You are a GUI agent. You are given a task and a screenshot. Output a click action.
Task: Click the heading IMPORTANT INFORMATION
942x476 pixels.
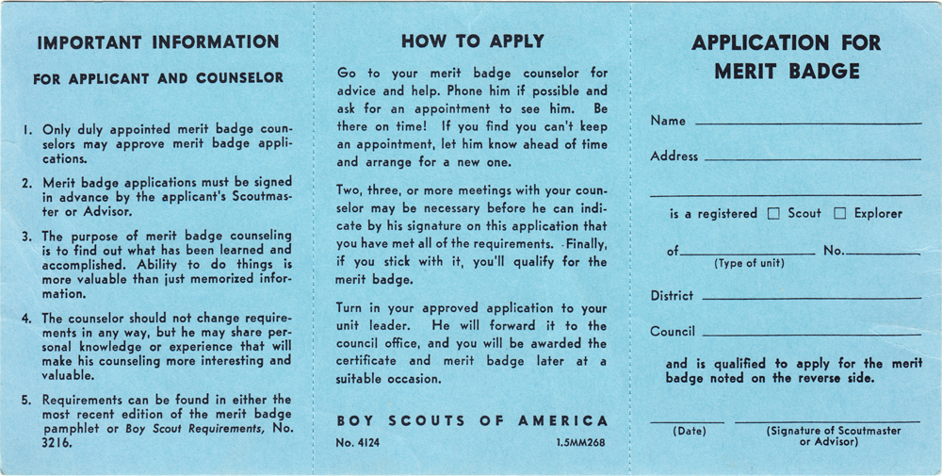click(x=158, y=42)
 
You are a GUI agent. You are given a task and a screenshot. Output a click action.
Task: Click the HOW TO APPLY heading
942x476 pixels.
click(x=472, y=41)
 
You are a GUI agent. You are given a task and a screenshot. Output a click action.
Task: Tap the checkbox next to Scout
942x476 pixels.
click(x=773, y=214)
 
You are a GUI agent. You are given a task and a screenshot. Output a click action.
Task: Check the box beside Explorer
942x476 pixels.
click(x=840, y=214)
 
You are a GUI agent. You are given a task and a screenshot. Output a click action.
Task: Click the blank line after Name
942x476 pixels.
click(x=807, y=123)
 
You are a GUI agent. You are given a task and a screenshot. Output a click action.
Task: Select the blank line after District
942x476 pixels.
click(x=811, y=299)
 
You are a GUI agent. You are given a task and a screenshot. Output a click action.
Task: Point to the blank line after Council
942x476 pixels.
click(x=811, y=335)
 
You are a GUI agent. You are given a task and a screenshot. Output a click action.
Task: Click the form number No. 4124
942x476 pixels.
click(x=358, y=442)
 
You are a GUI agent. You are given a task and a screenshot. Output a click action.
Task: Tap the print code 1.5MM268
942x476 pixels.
click(x=581, y=442)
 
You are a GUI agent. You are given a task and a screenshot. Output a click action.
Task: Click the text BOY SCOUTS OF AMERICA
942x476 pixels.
click(x=472, y=421)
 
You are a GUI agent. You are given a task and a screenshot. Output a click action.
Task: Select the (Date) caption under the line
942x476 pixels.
click(x=689, y=432)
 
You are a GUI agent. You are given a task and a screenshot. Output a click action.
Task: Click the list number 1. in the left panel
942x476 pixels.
click(x=28, y=128)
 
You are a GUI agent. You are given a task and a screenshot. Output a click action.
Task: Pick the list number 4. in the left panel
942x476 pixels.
click(x=28, y=319)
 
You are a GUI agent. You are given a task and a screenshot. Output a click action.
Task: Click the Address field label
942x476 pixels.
click(x=674, y=156)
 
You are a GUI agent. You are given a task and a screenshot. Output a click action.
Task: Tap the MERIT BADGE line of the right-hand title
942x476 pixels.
click(x=787, y=72)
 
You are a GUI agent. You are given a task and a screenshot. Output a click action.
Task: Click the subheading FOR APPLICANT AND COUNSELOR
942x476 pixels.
click(x=158, y=79)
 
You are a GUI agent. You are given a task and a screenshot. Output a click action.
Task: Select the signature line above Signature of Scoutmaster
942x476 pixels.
click(x=826, y=421)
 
